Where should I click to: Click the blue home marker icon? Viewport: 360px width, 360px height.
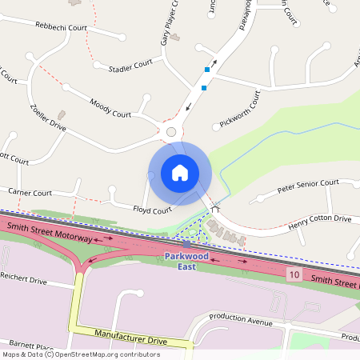click(x=180, y=173)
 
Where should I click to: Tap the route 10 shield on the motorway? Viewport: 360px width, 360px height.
click(x=295, y=274)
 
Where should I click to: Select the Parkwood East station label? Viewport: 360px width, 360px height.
click(x=186, y=260)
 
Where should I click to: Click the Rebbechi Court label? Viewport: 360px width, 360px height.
click(x=61, y=26)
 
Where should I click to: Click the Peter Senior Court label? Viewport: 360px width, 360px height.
click(x=308, y=186)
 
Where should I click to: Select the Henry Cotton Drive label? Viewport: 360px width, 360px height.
click(x=320, y=218)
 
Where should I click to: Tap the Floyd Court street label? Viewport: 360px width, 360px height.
click(x=152, y=210)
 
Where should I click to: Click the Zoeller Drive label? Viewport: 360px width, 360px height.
click(x=48, y=117)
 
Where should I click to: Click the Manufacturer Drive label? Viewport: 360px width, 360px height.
click(x=130, y=336)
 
